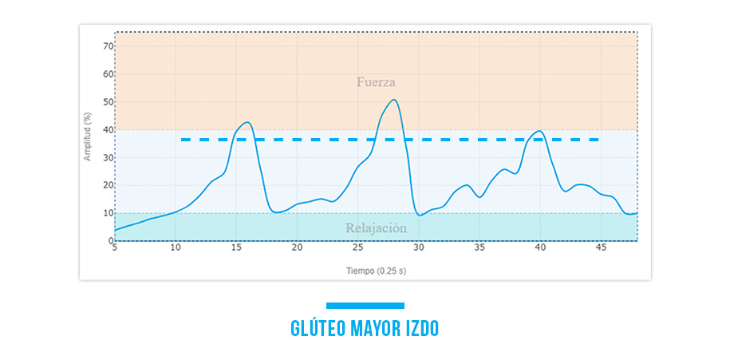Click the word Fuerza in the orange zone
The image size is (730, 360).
coord(376,82)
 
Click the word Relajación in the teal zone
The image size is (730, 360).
coord(376,228)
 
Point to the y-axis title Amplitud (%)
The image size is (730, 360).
coord(87,136)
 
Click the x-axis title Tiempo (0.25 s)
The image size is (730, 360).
coord(376,271)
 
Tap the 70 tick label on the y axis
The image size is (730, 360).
coord(109,46)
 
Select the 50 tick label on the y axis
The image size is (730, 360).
coord(109,102)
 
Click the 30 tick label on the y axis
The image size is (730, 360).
coord(109,158)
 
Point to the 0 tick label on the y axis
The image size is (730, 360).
coord(111,240)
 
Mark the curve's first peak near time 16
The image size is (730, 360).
coord(248,122)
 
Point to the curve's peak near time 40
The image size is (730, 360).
coord(540,131)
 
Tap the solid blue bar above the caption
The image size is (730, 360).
coord(365,305)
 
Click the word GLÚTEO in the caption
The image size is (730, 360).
coord(318,328)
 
